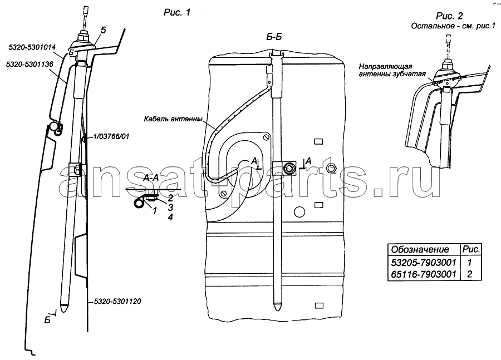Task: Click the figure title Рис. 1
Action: point(176,12)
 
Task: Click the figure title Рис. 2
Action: point(449,16)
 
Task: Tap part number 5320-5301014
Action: point(32,47)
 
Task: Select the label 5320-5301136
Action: point(30,64)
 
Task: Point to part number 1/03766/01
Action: point(111,136)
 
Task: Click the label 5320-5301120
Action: point(117,301)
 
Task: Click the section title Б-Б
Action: point(274,37)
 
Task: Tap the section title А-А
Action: point(151,178)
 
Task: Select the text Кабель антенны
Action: point(173,119)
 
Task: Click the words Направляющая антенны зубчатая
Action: point(392,70)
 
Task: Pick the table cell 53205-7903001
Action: point(424,263)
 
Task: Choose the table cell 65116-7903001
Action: point(424,274)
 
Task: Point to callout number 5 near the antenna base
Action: point(103,31)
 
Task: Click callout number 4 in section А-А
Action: point(170,217)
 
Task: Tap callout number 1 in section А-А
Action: point(155,210)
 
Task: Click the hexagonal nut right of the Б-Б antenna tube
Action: point(331,167)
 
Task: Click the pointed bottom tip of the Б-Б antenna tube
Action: point(276,310)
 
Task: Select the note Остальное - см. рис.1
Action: point(453,26)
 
